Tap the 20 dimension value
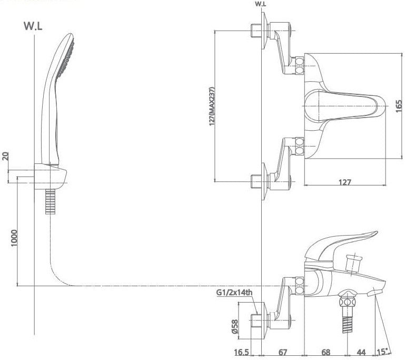coord(6,157)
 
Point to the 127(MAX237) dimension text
coord(212,106)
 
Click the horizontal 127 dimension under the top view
coord(344,182)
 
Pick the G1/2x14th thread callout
coord(234,293)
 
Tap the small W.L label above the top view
coord(260,4)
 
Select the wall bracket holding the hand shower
coord(52,176)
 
